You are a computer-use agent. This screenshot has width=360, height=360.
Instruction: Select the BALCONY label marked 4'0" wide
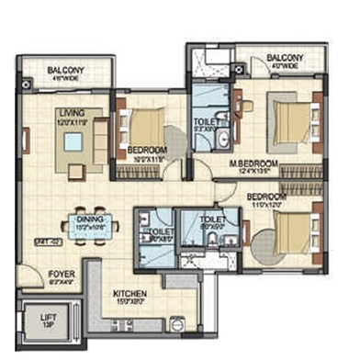click(286, 60)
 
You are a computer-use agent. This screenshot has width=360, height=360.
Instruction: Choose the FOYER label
click(37, 274)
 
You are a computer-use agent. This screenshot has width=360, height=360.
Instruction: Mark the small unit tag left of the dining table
click(42, 241)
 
